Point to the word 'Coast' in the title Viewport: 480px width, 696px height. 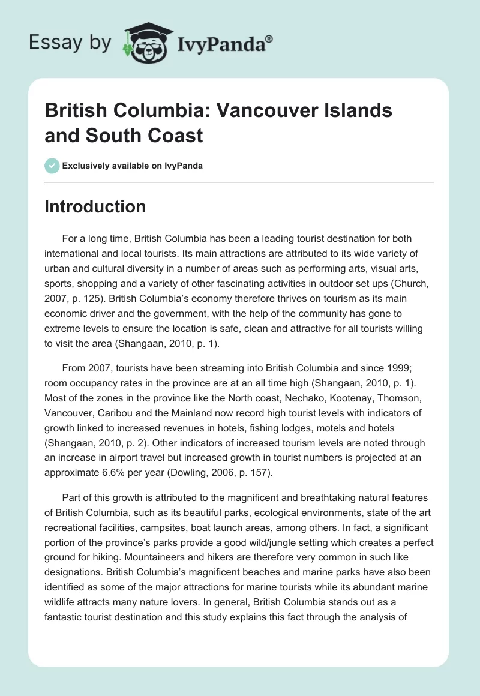click(x=179, y=135)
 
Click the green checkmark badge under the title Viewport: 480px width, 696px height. click(x=52, y=166)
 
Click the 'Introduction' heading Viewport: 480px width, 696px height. click(x=95, y=206)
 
